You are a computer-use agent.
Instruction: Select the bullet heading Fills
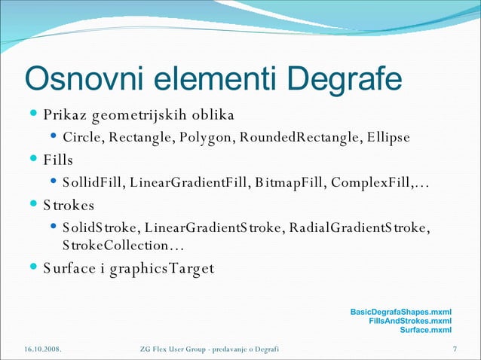click(58, 160)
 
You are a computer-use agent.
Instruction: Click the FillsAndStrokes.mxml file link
click(410, 321)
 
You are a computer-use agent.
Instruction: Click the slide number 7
click(455, 349)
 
